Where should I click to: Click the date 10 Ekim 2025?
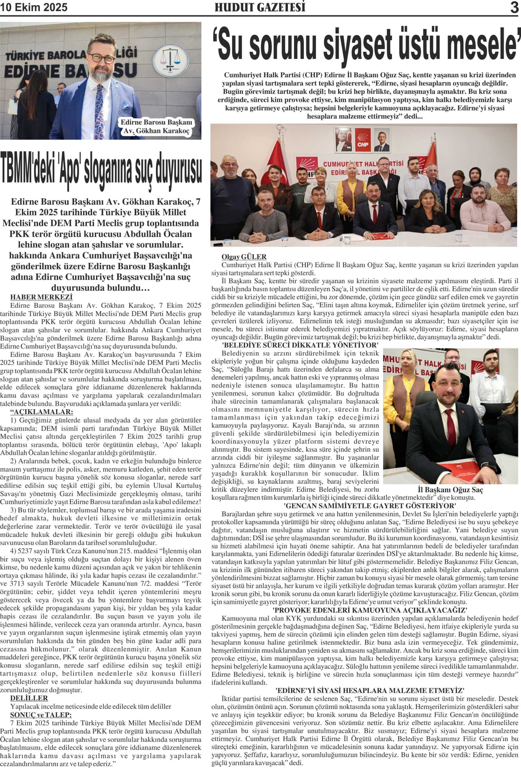pos(34,7)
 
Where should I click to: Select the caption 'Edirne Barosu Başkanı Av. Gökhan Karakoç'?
pos(156,127)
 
